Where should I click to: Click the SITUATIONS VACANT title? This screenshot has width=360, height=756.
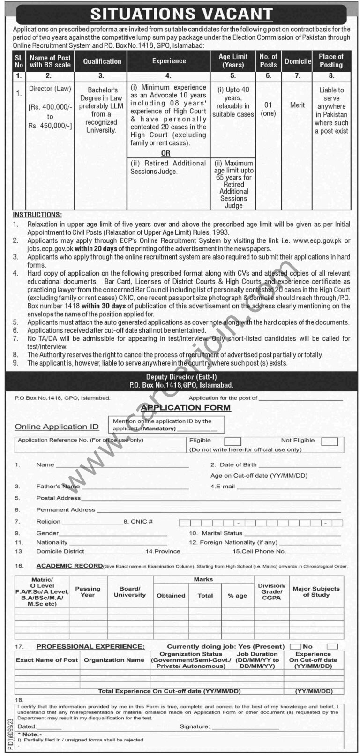click(x=181, y=14)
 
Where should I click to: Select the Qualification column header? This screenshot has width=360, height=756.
click(x=102, y=61)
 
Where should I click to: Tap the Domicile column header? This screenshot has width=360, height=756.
click(x=298, y=61)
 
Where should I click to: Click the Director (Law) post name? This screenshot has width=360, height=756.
click(x=50, y=88)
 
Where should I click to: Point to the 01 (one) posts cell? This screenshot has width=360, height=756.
click(x=268, y=109)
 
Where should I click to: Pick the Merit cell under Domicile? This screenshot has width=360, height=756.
click(x=297, y=105)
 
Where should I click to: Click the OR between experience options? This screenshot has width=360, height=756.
click(x=165, y=153)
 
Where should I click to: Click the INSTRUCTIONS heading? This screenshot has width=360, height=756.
click(x=37, y=215)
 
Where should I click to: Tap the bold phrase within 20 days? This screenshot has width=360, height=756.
click(x=99, y=248)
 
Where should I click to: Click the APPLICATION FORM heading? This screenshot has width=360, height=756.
click(x=186, y=407)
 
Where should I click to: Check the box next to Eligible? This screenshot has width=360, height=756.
click(x=232, y=441)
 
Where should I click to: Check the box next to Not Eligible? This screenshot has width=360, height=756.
click(x=330, y=441)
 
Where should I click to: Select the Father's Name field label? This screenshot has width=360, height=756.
click(x=58, y=487)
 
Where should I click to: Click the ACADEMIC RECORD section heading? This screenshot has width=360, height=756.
click(x=69, y=566)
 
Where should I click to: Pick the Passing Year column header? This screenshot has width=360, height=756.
click(x=88, y=592)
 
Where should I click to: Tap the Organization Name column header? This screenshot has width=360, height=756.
click(x=114, y=660)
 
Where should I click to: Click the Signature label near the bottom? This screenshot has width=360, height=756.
click(x=195, y=726)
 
